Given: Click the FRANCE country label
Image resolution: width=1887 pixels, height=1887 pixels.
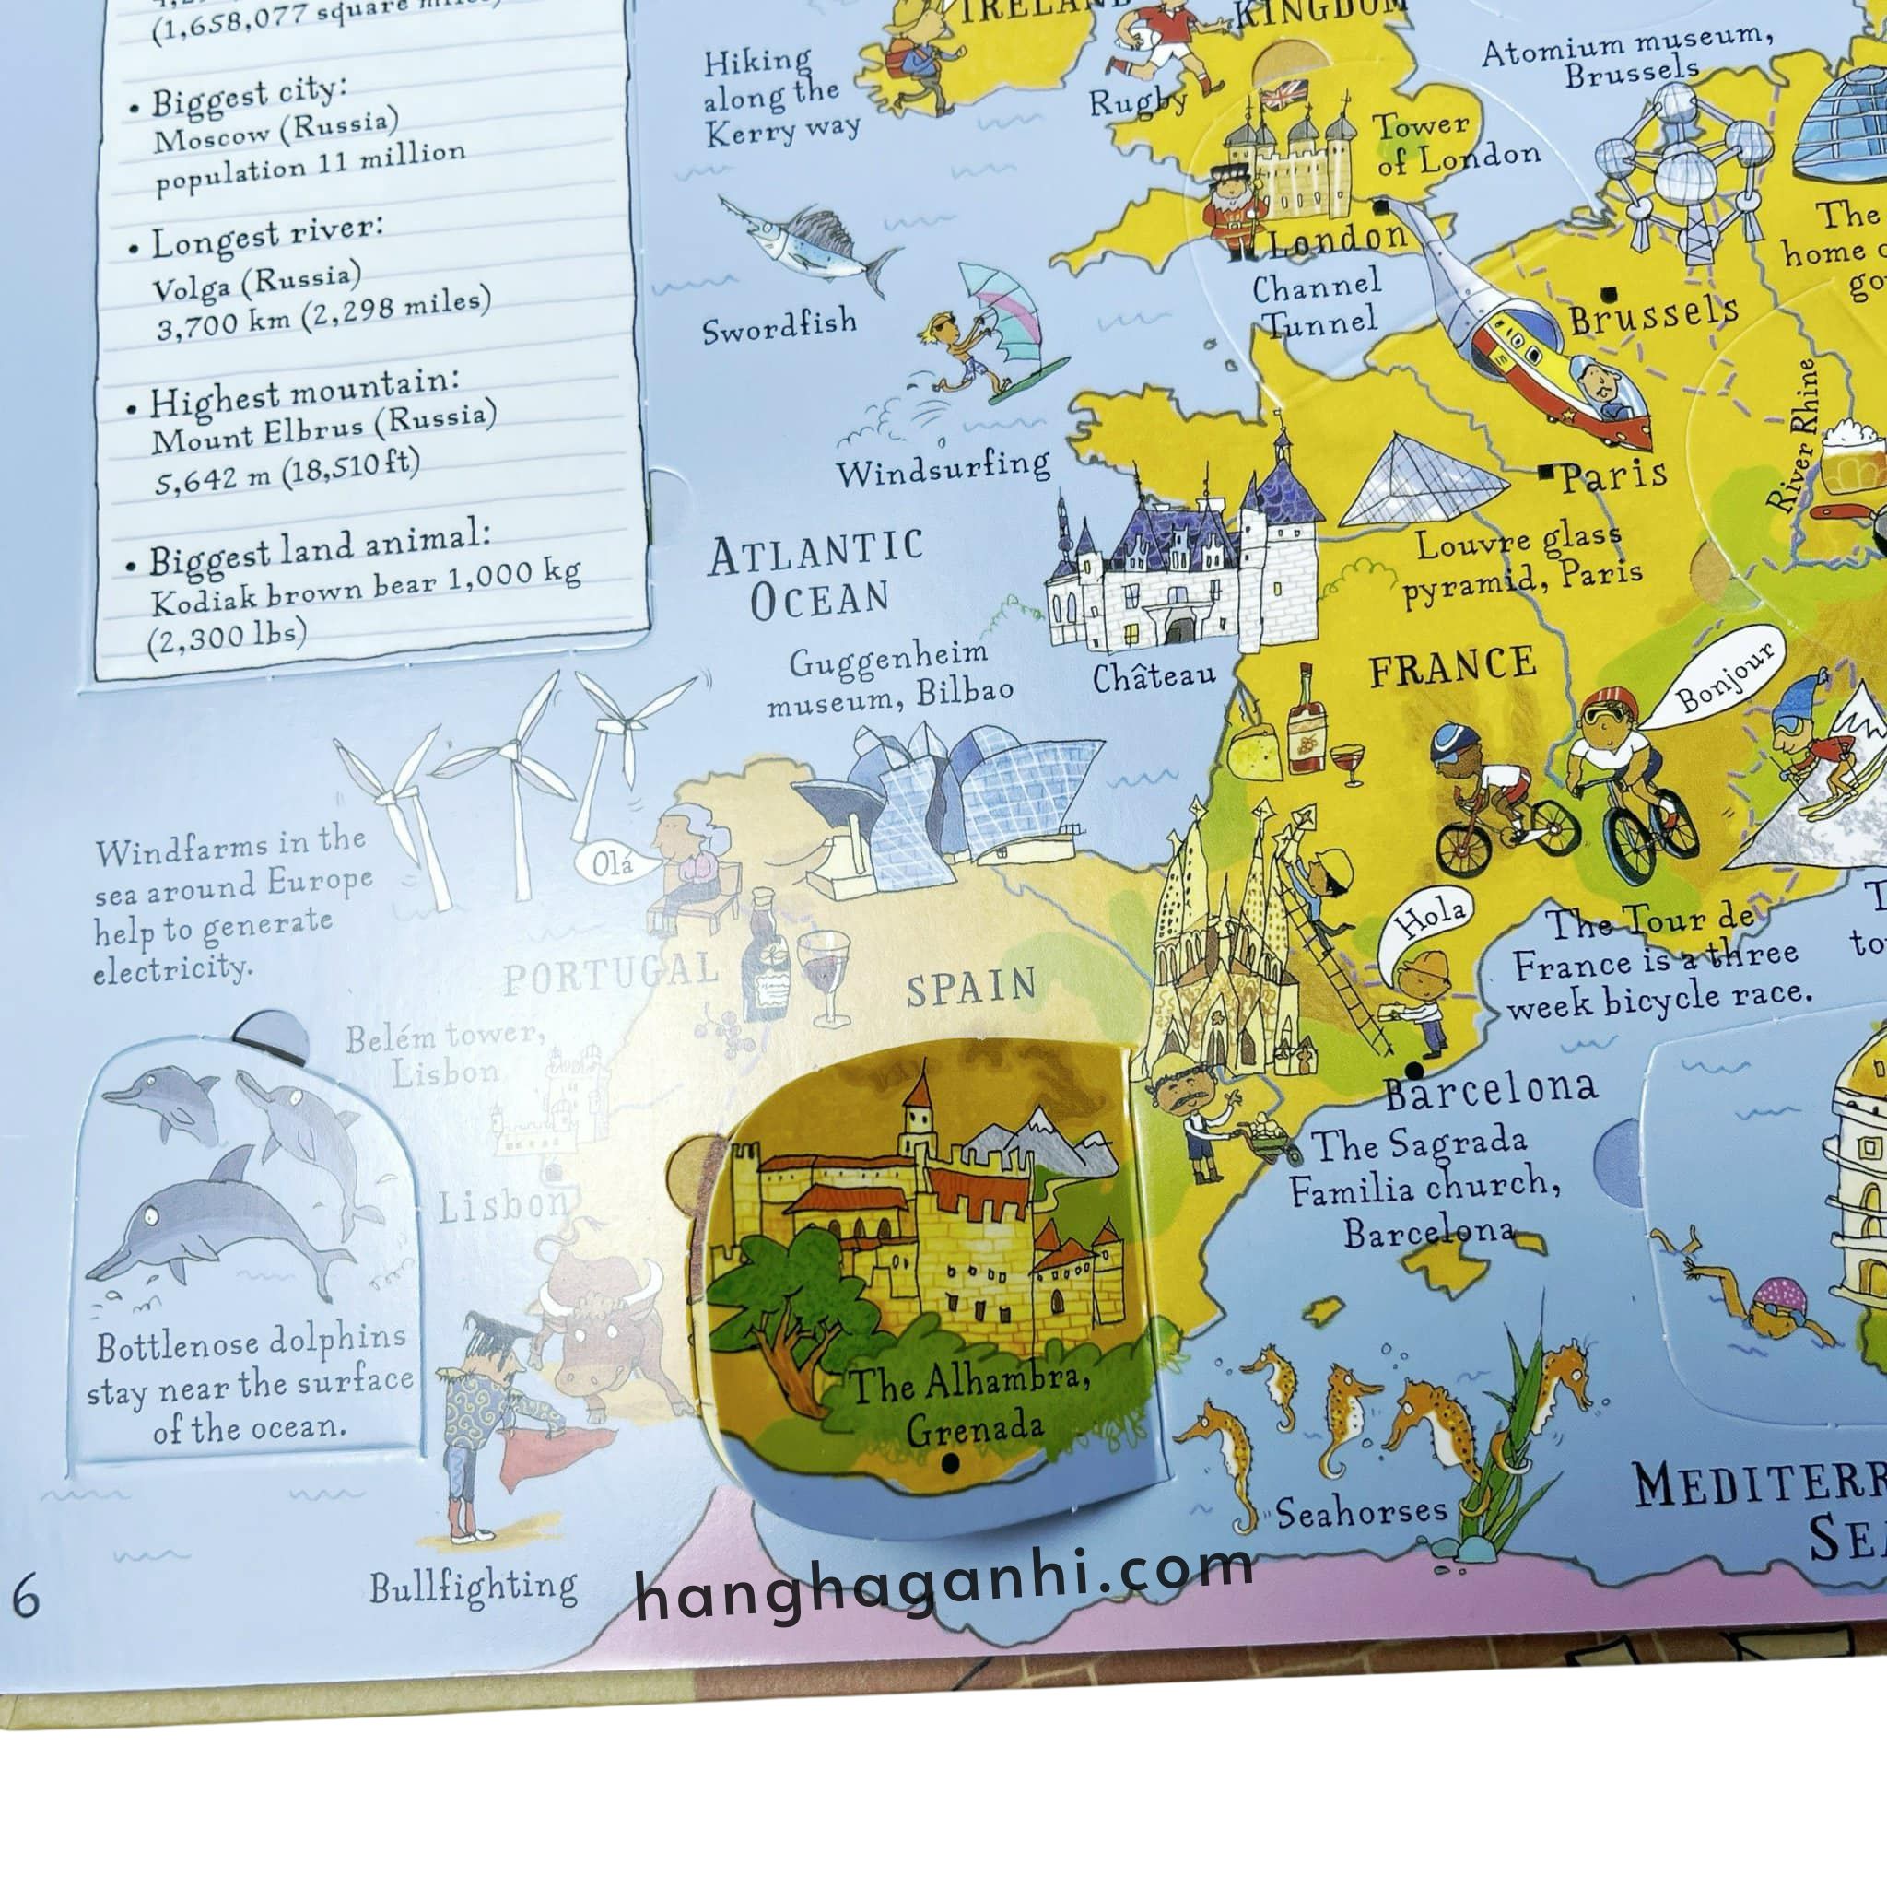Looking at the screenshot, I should point(1451,669).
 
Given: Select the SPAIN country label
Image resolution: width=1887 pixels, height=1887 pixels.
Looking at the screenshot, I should point(971,988).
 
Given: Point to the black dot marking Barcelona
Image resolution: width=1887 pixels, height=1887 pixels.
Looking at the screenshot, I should point(1413,1071).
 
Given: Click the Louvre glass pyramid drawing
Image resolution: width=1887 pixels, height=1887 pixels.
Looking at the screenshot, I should point(1420,486).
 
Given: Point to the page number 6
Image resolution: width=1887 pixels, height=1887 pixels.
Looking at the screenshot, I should point(26,1599).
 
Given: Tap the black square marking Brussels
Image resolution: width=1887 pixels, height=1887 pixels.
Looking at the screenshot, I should point(1608,293).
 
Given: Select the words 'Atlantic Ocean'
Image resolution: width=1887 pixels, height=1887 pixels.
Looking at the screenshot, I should point(816,576).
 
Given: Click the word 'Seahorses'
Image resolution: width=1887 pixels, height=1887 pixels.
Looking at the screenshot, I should point(1361,1512).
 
